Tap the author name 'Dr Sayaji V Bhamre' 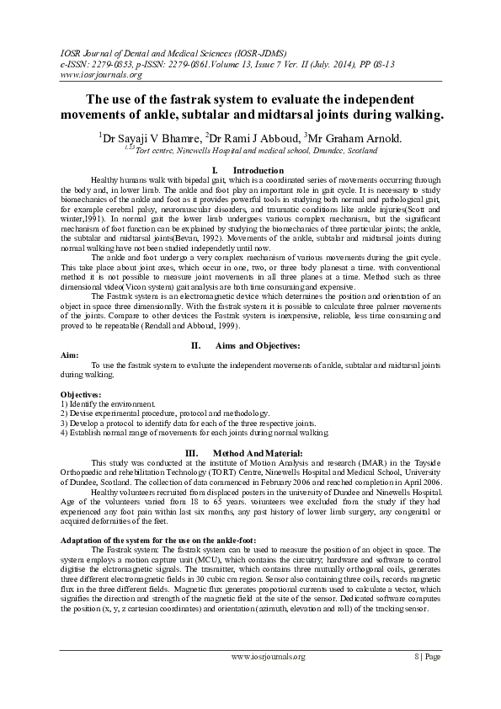click(149, 136)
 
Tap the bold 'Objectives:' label click(82, 394)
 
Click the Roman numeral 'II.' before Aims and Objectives click(196, 346)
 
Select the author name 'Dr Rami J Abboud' click(253, 136)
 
